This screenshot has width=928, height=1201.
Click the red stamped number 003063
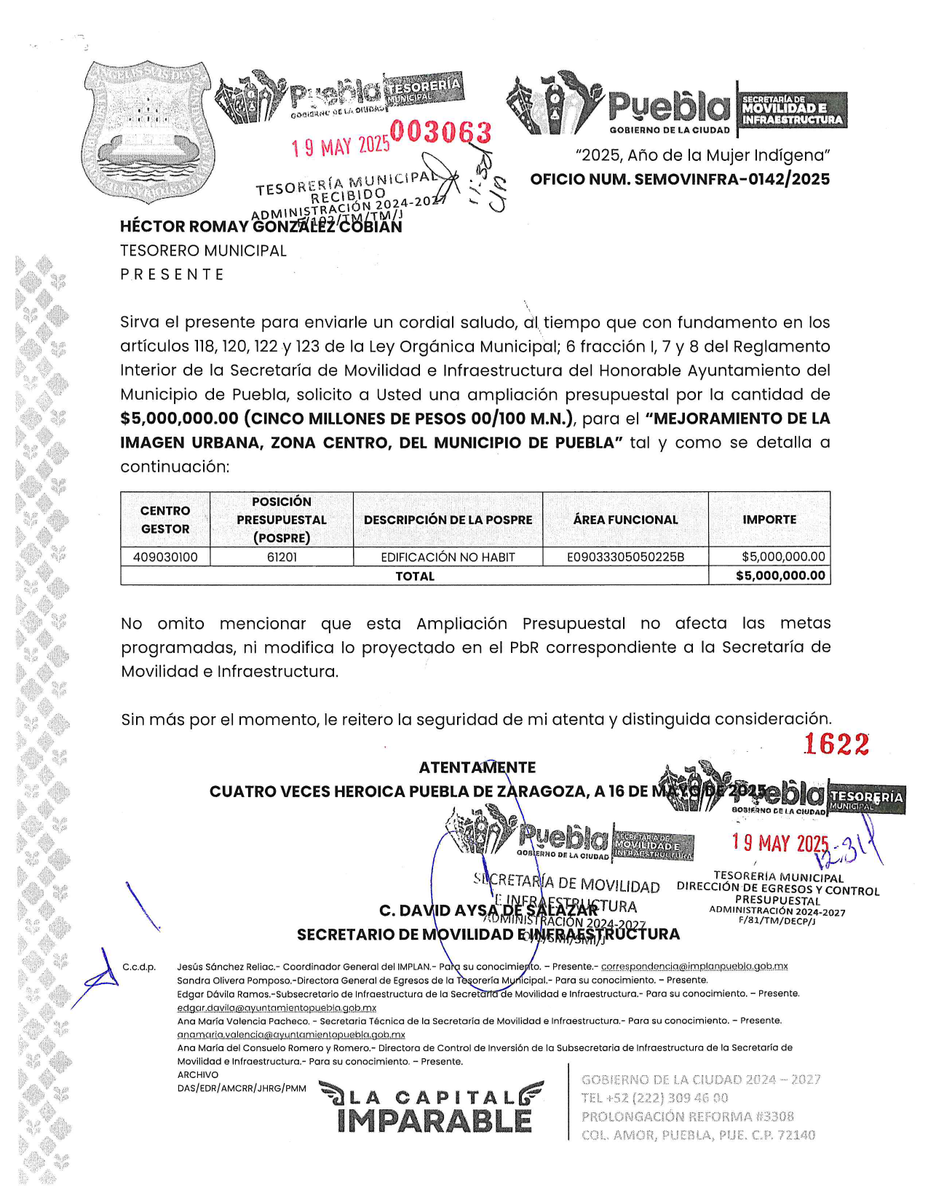tap(441, 132)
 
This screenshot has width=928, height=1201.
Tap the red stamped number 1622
tap(836, 744)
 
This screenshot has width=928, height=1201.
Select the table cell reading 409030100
tap(165, 557)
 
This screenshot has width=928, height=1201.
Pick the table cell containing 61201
tap(282, 557)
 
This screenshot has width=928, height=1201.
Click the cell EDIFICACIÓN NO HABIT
tap(448, 557)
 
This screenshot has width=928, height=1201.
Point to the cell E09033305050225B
tap(625, 557)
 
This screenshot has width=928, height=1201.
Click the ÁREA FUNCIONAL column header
tap(625, 520)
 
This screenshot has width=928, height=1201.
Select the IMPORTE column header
tap(769, 520)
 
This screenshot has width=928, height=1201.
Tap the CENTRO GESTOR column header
tap(165, 520)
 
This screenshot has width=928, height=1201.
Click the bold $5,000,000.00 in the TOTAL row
tap(780, 576)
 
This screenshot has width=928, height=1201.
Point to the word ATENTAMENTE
tap(477, 767)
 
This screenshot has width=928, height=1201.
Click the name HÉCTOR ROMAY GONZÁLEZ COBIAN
tap(261, 226)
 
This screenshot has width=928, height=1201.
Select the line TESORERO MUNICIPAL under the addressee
tap(203, 250)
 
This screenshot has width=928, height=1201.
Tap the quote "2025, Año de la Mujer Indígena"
tap(702, 155)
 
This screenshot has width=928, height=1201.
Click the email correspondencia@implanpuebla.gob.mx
tap(694, 967)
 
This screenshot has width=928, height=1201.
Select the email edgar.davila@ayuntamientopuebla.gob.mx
tap(277, 1007)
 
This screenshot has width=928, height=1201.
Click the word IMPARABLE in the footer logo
tap(435, 1121)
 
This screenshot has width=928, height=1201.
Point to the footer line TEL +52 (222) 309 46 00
tap(654, 1098)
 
